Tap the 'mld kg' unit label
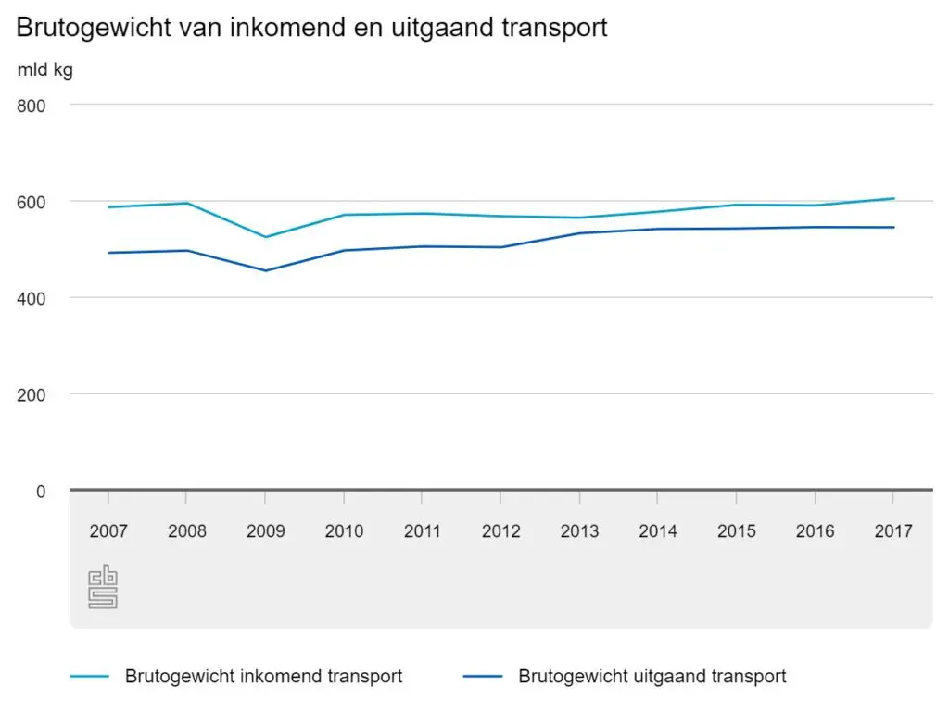click(x=44, y=69)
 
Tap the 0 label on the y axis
click(x=40, y=491)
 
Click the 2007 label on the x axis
click(x=108, y=531)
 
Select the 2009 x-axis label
click(x=265, y=531)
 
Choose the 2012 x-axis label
click(x=500, y=531)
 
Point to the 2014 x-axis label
click(x=657, y=531)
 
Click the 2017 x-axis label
click(x=892, y=531)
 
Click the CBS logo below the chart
click(x=103, y=586)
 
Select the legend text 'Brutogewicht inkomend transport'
click(x=263, y=677)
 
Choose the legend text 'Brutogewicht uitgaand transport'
click(x=652, y=677)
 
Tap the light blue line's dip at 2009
click(x=265, y=237)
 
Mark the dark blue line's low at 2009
click(x=265, y=270)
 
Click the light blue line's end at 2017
click(x=892, y=198)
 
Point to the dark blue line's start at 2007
click(x=108, y=253)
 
